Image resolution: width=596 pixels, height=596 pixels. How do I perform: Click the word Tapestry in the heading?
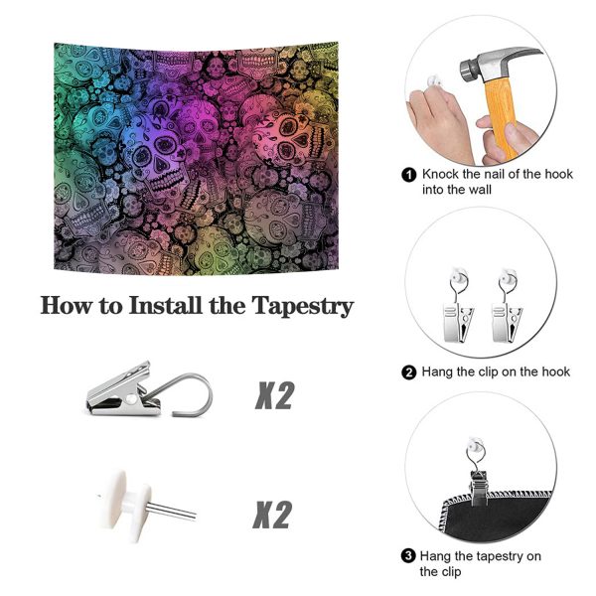(303, 306)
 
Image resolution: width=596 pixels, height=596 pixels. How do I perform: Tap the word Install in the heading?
(165, 305)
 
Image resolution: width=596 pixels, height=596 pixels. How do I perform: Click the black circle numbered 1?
(409, 175)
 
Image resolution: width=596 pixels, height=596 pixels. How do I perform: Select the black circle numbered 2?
(409, 372)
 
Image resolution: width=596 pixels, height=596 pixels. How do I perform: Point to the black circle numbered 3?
(408, 556)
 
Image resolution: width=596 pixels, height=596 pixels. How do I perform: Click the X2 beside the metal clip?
(274, 395)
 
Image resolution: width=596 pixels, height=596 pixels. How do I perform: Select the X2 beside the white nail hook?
(272, 515)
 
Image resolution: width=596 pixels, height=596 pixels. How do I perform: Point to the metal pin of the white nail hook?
(172, 511)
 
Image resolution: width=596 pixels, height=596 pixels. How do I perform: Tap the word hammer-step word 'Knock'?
(440, 174)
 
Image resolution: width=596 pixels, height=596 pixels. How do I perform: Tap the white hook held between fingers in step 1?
(433, 82)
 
